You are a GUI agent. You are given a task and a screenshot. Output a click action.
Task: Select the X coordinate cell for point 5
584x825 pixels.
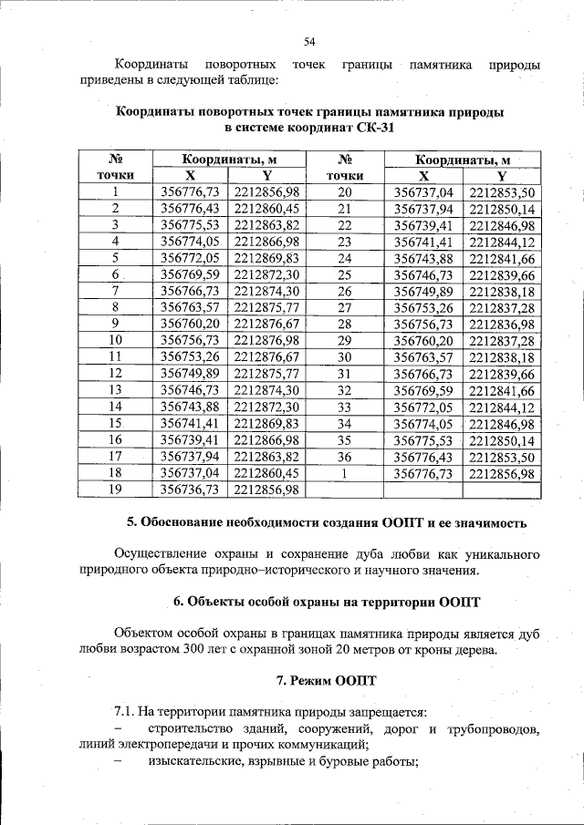tap(189, 258)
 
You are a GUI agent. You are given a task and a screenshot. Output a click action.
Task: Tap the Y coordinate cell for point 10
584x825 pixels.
tap(266, 340)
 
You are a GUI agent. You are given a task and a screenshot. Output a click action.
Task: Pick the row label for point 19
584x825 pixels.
tap(115, 490)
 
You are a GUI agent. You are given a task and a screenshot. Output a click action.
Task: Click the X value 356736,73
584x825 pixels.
tap(189, 490)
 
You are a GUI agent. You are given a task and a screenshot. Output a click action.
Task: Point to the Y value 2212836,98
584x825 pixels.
tap(501, 324)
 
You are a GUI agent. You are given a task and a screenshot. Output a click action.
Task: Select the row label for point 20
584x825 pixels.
tap(344, 191)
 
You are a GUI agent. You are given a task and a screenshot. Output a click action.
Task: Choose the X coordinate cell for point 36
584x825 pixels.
tap(422, 456)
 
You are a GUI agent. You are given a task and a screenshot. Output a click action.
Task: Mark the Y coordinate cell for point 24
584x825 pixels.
tap(501, 258)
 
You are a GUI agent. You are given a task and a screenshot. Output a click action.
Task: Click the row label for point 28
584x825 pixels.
tap(344, 324)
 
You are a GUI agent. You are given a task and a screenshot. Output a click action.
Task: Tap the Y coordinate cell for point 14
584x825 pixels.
tap(266, 407)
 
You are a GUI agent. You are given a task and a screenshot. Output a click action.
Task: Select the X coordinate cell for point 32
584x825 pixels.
tap(422, 390)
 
